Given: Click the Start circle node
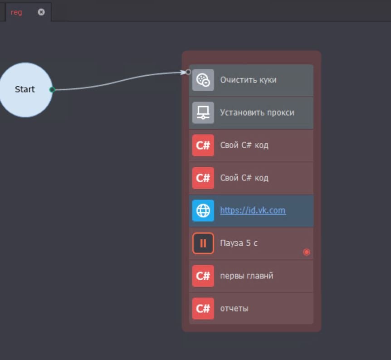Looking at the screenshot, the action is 25,90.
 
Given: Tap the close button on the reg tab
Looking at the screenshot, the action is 41,12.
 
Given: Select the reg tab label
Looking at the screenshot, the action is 16,12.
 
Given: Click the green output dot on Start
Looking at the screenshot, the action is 52,89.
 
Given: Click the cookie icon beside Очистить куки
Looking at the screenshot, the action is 203,80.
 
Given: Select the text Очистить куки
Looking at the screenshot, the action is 249,80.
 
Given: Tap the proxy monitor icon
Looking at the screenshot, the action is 203,113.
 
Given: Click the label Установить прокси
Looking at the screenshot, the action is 257,113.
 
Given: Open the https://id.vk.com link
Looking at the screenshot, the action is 253,211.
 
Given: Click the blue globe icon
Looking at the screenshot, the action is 203,211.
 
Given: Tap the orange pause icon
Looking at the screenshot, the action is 203,243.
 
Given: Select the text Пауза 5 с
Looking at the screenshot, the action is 239,243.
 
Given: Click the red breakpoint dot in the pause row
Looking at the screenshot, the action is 307,252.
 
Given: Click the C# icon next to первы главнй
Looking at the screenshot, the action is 203,276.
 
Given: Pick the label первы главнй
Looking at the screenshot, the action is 247,276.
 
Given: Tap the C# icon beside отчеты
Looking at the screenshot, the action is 203,309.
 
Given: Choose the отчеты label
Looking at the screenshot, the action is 234,309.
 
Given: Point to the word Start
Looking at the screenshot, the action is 25,89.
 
